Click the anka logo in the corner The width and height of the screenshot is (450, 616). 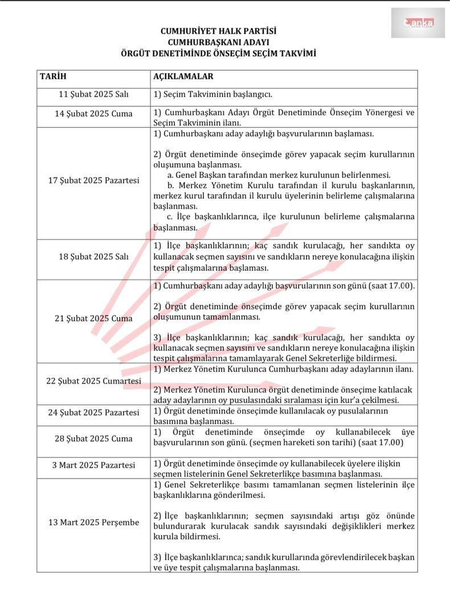(418, 23)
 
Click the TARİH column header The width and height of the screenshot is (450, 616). (53, 76)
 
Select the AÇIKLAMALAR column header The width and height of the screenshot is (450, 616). (183, 76)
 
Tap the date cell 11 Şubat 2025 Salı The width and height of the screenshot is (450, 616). (93, 94)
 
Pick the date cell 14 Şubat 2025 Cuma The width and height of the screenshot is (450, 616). (93, 114)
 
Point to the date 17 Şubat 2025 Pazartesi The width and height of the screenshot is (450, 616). (93, 180)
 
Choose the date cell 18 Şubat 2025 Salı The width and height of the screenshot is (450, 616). (93, 256)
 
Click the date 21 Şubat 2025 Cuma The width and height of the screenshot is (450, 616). (93, 318)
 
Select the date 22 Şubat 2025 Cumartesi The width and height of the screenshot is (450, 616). (93, 381)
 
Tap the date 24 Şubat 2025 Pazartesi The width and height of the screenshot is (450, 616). (93, 412)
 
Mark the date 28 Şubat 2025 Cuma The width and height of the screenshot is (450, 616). (93, 438)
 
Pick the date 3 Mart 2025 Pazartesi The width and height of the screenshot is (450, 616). (93, 465)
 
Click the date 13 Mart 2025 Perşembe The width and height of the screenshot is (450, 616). (93, 522)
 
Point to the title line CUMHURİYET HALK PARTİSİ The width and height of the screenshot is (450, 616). (218, 31)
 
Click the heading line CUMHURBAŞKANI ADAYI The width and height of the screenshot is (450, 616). (218, 42)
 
